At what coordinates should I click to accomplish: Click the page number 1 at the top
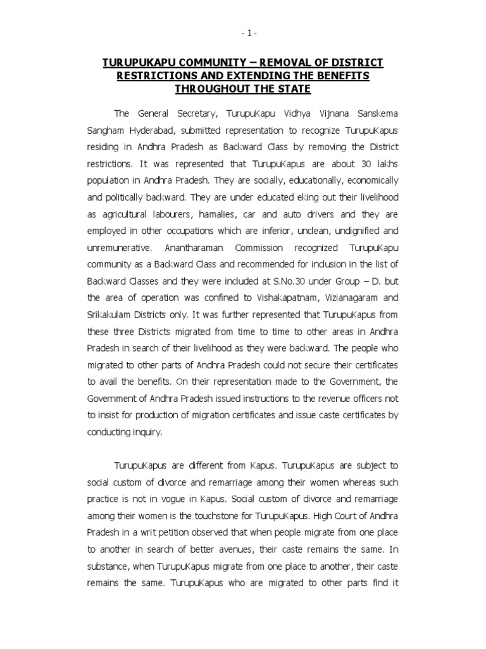point(242,32)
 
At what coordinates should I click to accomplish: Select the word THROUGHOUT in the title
point(211,89)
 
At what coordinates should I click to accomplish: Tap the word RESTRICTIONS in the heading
point(156,76)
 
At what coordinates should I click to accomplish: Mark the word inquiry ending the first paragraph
point(146,432)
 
